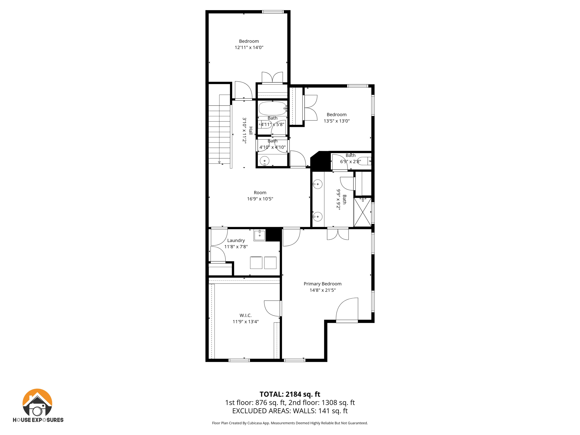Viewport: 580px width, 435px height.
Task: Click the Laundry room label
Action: [236, 240]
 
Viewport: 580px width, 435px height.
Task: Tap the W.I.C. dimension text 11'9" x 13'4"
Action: [246, 321]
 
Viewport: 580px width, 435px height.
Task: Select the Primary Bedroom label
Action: [322, 284]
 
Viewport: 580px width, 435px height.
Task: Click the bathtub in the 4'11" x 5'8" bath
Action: [272, 108]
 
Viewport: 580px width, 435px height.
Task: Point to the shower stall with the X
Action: [362, 212]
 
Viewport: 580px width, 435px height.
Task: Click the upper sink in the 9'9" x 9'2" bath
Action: [317, 184]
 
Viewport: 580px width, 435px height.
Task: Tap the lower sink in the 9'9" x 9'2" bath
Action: [317, 217]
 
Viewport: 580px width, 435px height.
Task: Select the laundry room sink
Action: [259, 235]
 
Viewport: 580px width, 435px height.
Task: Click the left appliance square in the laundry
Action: [256, 263]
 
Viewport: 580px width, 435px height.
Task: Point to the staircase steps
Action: [219, 133]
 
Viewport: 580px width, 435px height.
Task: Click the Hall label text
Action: [251, 130]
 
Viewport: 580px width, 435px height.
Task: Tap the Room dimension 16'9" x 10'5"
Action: [260, 199]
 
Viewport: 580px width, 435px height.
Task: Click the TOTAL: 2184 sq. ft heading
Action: [290, 394]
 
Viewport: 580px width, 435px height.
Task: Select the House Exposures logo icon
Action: [37, 402]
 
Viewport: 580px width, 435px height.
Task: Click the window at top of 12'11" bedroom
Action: [272, 12]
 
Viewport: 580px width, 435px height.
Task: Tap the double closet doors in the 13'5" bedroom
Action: [311, 108]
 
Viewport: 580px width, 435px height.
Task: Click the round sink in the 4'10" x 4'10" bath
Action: [265, 161]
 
